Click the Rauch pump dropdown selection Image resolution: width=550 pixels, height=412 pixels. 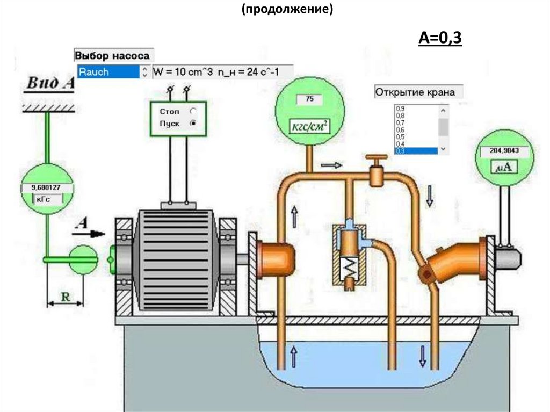[108, 72]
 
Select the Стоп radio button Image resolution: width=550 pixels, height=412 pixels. [193, 111]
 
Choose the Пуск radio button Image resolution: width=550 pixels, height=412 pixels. [193, 123]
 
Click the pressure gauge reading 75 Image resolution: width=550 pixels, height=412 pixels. [309, 99]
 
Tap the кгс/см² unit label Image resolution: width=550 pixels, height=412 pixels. [309, 126]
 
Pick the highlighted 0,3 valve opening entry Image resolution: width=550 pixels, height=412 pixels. [416, 151]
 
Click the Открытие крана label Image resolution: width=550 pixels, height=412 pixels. [415, 92]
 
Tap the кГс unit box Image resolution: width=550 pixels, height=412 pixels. [46, 199]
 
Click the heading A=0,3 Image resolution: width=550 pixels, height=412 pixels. [440, 38]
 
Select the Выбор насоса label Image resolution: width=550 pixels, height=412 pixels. [112, 55]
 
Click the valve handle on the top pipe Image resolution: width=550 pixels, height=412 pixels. [377, 160]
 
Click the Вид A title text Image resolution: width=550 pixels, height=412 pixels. [50, 83]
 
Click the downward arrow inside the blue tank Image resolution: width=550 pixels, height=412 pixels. [422, 356]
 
